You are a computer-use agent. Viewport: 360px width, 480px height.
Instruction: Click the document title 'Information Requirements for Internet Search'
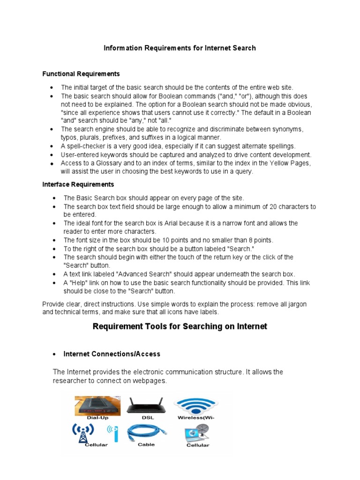click(x=180, y=48)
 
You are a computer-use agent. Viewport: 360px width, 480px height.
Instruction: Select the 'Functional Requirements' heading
click(x=81, y=74)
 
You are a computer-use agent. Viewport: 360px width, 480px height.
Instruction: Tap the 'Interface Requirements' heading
click(x=78, y=184)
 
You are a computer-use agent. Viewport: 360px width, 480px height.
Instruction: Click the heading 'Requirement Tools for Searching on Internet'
click(x=180, y=326)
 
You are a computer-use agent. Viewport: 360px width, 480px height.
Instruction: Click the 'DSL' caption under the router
click(x=147, y=417)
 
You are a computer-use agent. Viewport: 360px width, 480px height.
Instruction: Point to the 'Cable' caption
click(x=146, y=445)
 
